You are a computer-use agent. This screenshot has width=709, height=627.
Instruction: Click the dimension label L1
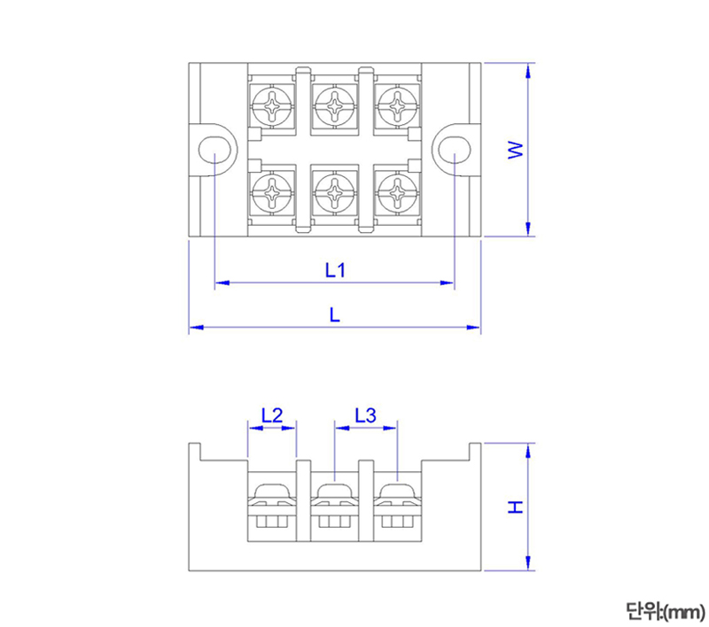[333, 270]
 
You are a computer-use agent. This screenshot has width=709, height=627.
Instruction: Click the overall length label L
[334, 314]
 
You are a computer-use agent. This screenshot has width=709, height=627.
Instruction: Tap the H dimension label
[515, 507]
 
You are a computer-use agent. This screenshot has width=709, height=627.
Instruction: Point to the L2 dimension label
[271, 414]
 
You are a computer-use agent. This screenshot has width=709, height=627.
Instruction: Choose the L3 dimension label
[365, 414]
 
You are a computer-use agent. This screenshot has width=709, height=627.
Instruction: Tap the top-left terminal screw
[271, 106]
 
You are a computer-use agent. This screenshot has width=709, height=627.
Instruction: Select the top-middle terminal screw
[334, 106]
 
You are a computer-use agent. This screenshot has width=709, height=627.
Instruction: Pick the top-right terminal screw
[396, 106]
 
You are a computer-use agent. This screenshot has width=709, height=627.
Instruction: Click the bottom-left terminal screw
[271, 190]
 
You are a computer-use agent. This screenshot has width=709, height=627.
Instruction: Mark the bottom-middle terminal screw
[334, 190]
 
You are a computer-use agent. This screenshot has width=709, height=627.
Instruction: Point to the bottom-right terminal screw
[396, 190]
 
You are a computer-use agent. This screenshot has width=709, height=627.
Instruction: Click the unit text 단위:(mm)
[664, 610]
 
